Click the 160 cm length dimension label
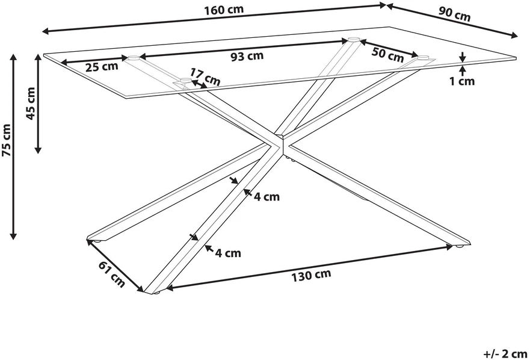[x=224, y=10]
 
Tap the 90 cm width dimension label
[x=454, y=14]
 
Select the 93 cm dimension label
[x=247, y=57]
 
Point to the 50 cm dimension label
[x=387, y=54]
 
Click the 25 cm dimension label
[x=102, y=67]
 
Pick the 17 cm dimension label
[x=205, y=77]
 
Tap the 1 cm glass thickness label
[x=462, y=81]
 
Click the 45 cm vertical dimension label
[x=31, y=104]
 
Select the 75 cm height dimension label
[x=7, y=140]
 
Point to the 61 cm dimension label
[x=112, y=274]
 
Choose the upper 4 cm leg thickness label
[x=267, y=197]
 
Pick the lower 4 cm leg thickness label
[x=229, y=253]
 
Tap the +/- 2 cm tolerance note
[x=505, y=354]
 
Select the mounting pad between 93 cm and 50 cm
[x=354, y=39]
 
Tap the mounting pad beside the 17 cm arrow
[x=185, y=81]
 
